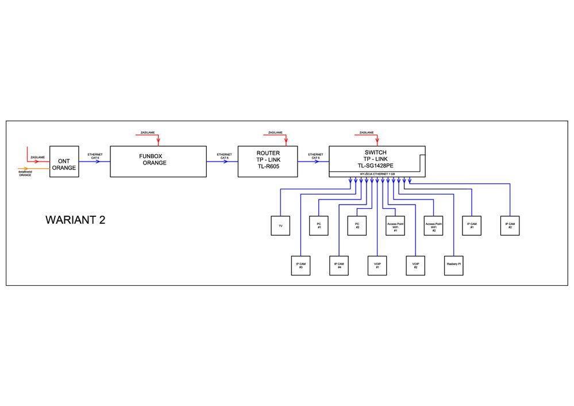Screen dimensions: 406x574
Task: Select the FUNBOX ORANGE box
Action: (158, 161)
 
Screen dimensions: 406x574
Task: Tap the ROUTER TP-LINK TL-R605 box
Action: (268, 161)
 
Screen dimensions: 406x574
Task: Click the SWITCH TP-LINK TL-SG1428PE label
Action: (376, 159)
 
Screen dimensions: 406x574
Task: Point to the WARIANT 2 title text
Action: (75, 220)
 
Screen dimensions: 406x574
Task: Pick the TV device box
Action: (280, 225)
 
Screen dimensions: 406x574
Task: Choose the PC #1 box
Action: (318, 225)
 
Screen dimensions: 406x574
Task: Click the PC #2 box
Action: (357, 225)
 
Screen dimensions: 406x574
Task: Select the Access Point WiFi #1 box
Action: (395, 225)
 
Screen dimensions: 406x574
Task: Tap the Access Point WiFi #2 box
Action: (434, 225)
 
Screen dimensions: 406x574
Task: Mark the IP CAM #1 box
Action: (472, 225)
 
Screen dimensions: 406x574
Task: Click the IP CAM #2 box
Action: (510, 225)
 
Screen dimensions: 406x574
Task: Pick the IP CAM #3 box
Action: (301, 265)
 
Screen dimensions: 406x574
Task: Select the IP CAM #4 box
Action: (339, 265)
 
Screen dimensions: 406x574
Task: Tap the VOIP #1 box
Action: (377, 265)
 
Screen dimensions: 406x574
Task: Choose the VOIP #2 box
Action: (415, 265)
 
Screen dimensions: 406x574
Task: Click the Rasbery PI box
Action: (454, 265)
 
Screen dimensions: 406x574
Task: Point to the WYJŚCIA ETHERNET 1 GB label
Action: (375, 174)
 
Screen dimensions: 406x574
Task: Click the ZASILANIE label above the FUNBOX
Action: (148, 133)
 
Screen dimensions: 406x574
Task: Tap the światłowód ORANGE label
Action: (25, 173)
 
